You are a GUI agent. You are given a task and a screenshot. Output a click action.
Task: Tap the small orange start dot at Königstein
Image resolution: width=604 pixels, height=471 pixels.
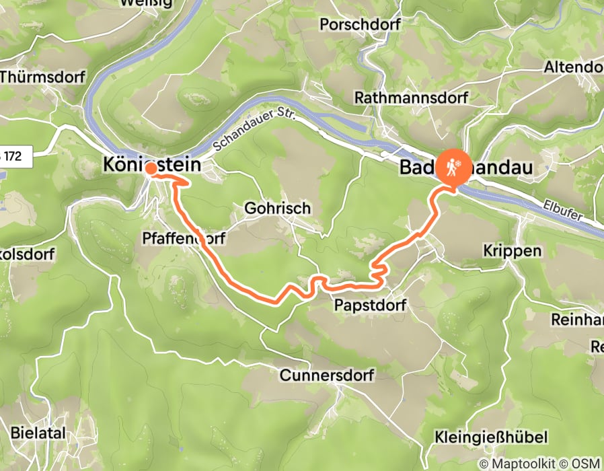pos(151,168)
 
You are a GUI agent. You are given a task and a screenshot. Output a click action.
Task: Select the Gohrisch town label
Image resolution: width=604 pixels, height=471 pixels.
pos(278,208)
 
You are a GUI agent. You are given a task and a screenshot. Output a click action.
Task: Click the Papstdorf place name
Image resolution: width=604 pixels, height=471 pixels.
pos(370,306)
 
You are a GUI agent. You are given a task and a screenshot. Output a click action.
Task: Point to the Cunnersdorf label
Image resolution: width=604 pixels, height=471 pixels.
pos(326,375)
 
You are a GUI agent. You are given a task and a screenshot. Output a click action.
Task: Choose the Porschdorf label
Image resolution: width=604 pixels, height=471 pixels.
pos(360,25)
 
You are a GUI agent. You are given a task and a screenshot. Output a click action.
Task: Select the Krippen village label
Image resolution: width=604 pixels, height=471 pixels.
pos(512,250)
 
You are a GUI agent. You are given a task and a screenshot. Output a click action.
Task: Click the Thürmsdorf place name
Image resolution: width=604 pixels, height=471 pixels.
pos(42,77)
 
